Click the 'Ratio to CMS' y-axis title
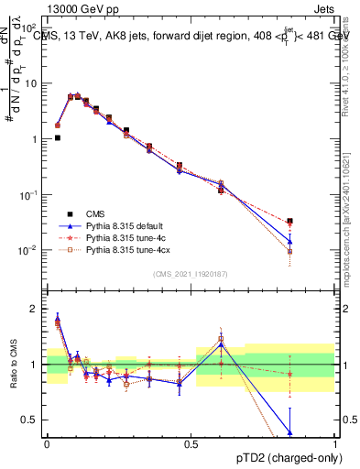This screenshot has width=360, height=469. [x=12, y=365]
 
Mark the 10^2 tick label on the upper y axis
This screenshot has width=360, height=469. [x=29, y=27]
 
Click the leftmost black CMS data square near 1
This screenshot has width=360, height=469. [x=58, y=138]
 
